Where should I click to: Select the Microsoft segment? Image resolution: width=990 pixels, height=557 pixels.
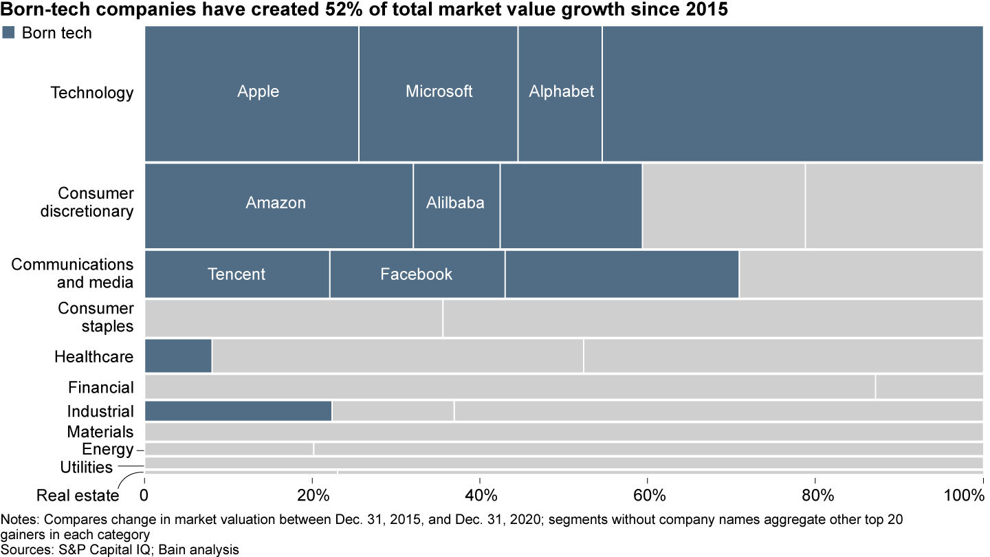(439, 93)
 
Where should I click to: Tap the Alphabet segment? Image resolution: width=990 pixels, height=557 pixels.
(560, 93)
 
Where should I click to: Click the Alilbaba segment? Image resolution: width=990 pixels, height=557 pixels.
(456, 205)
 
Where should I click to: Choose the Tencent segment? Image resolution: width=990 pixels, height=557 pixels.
(237, 274)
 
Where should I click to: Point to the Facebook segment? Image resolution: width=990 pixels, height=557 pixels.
(417, 274)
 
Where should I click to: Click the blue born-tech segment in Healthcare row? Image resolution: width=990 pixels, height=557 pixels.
(178, 356)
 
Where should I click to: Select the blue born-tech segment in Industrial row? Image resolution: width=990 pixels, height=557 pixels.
(238, 411)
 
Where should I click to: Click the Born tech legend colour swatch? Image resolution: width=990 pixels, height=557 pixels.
(9, 32)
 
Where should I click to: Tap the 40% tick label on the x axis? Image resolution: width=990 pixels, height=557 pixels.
(480, 495)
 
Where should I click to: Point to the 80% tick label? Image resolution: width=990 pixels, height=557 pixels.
(815, 495)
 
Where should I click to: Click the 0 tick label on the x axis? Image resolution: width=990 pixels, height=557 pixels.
(144, 495)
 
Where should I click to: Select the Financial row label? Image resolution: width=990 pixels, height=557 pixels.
(100, 387)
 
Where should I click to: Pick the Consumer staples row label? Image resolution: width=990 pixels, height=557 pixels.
(96, 317)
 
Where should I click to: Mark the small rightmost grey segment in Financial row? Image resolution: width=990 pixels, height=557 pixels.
(929, 387)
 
